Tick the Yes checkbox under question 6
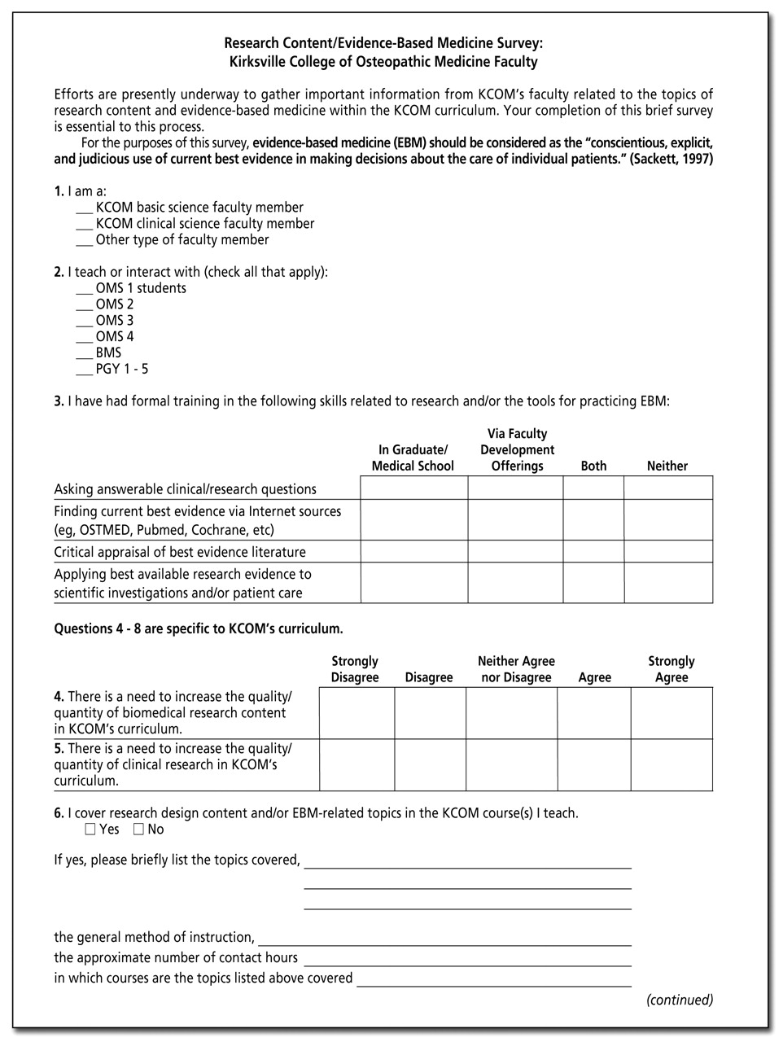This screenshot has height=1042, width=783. click(x=90, y=830)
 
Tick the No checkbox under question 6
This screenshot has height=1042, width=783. click(x=138, y=830)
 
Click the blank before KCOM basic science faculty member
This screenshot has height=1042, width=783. click(x=85, y=209)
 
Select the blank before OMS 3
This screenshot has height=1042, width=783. click(x=85, y=322)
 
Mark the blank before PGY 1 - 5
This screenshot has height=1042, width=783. click(x=85, y=370)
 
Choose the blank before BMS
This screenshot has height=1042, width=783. click(x=85, y=354)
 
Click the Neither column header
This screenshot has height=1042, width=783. click(x=667, y=466)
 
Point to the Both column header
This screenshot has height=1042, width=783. click(x=593, y=466)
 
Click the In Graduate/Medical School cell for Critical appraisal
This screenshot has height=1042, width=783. click(x=413, y=552)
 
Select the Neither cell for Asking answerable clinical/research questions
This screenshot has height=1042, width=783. click(x=667, y=488)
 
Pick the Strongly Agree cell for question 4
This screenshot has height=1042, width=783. click(x=671, y=713)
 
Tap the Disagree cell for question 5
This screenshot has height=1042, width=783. click(x=430, y=765)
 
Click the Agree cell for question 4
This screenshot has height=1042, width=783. click(x=593, y=713)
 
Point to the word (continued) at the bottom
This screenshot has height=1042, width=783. click(x=680, y=1000)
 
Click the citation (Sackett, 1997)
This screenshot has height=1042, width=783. click(x=671, y=160)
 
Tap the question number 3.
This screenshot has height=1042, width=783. click(x=59, y=401)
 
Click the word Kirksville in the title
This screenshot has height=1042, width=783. click(x=263, y=62)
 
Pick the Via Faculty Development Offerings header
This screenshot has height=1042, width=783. click(x=517, y=450)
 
